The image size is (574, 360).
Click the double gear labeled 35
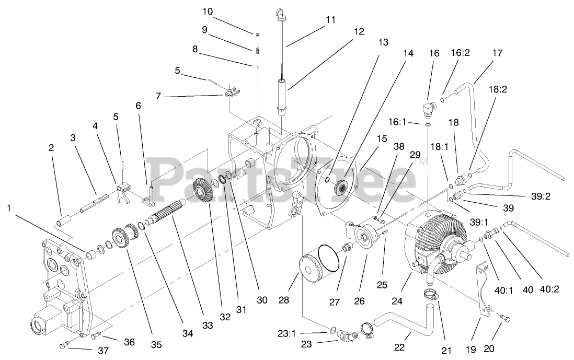click(x=121, y=240)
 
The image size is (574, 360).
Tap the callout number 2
click(x=51, y=148)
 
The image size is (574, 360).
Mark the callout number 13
click(x=383, y=42)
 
